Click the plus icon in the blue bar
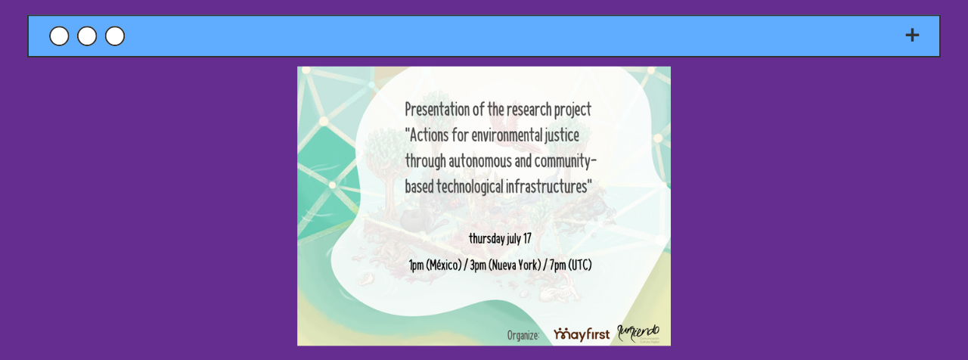pyautogui.click(x=912, y=36)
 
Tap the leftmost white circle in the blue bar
pyautogui.click(x=59, y=36)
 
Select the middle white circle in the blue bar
pyautogui.click(x=87, y=36)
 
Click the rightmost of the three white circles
pyautogui.click(x=115, y=36)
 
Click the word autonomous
pyautogui.click(x=478, y=161)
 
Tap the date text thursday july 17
pyautogui.click(x=500, y=239)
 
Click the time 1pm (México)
pyautogui.click(x=435, y=265)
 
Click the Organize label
pyautogui.click(x=523, y=335)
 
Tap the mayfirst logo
pyautogui.click(x=581, y=334)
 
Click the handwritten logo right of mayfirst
pyautogui.click(x=639, y=333)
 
